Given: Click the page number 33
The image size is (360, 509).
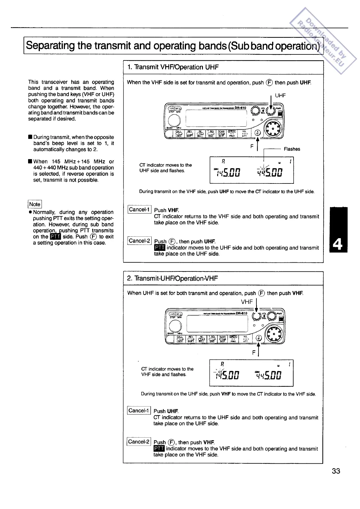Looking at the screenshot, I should (x=336, y=471).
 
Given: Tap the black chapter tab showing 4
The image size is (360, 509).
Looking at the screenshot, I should (x=339, y=230).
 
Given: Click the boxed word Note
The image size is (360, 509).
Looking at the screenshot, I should (x=35, y=204).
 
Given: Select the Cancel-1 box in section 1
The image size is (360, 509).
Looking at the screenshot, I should (x=139, y=209).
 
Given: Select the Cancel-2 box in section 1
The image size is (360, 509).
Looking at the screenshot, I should (x=139, y=241).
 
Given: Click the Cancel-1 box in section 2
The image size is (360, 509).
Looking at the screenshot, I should (x=139, y=410).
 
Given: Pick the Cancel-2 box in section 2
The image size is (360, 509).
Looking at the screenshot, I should (x=139, y=442).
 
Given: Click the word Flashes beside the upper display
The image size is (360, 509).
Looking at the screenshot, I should (x=292, y=149).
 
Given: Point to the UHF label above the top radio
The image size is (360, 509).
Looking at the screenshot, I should (x=280, y=96).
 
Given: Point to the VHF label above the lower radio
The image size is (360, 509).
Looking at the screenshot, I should (x=247, y=302).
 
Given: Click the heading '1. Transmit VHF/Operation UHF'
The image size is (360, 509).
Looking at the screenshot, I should (x=173, y=67).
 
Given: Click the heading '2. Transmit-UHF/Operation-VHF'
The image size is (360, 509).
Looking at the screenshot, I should (x=172, y=278).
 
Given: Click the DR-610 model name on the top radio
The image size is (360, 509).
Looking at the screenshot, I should (x=240, y=108).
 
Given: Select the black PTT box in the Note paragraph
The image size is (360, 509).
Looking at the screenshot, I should (x=56, y=237).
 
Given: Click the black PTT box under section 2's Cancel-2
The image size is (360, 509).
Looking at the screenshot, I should (x=159, y=449).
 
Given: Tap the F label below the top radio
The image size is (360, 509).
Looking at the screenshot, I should (x=252, y=146).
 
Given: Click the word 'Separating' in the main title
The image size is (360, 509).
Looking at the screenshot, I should (x=50, y=45).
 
